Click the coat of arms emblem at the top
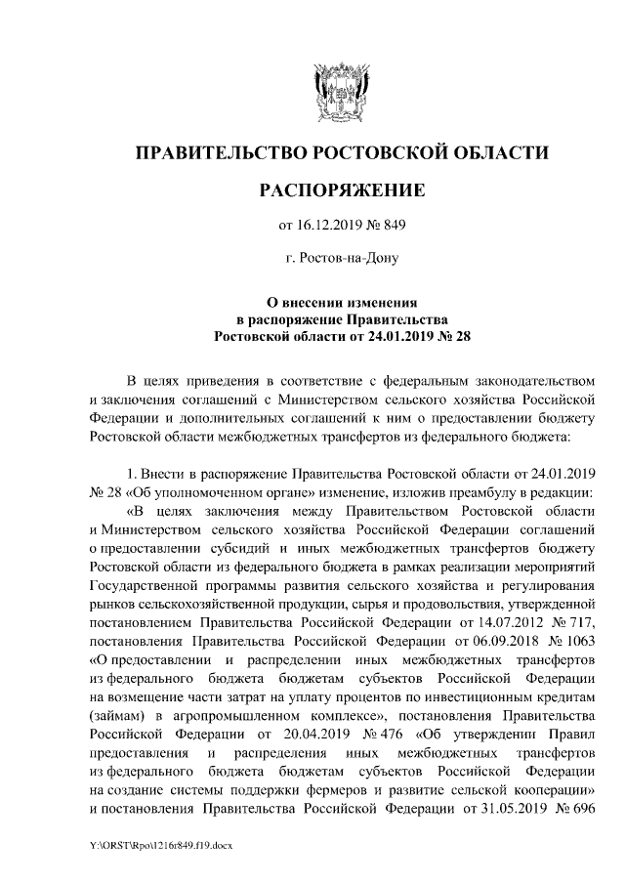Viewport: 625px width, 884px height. pyautogui.click(x=341, y=89)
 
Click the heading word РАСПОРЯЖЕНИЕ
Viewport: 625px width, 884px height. pyautogui.click(x=341, y=189)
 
